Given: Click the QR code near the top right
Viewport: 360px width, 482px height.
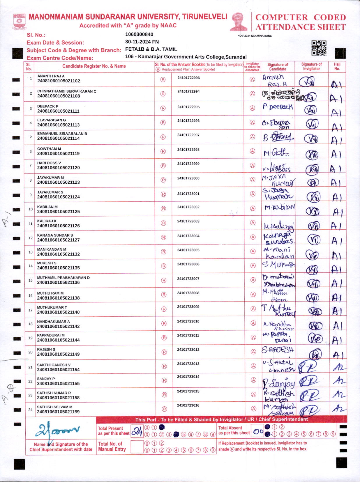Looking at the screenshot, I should (319, 48).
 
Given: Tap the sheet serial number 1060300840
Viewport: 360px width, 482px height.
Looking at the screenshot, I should (139, 34).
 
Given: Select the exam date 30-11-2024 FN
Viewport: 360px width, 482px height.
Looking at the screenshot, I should (142, 42).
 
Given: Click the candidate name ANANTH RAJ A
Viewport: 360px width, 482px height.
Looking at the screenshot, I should (51, 76).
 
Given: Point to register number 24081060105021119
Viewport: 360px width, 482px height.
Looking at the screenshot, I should (58, 153).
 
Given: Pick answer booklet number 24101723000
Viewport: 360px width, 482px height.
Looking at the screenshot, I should (188, 178).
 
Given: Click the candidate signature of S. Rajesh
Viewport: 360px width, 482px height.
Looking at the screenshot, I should (278, 350).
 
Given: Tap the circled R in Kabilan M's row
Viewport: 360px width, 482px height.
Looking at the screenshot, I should (163, 209).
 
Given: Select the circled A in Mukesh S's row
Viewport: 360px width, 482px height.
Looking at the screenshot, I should (253, 265).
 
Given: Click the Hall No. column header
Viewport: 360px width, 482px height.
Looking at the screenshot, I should (337, 66).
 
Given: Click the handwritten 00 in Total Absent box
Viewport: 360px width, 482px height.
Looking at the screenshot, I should (258, 431).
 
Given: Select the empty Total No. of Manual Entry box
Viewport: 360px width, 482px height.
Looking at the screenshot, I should (137, 446).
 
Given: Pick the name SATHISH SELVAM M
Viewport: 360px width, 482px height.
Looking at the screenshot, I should (55, 407).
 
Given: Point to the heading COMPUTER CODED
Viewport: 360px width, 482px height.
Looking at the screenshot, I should (301, 17).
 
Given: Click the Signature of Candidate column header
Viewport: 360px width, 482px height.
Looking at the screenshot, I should (278, 67).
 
